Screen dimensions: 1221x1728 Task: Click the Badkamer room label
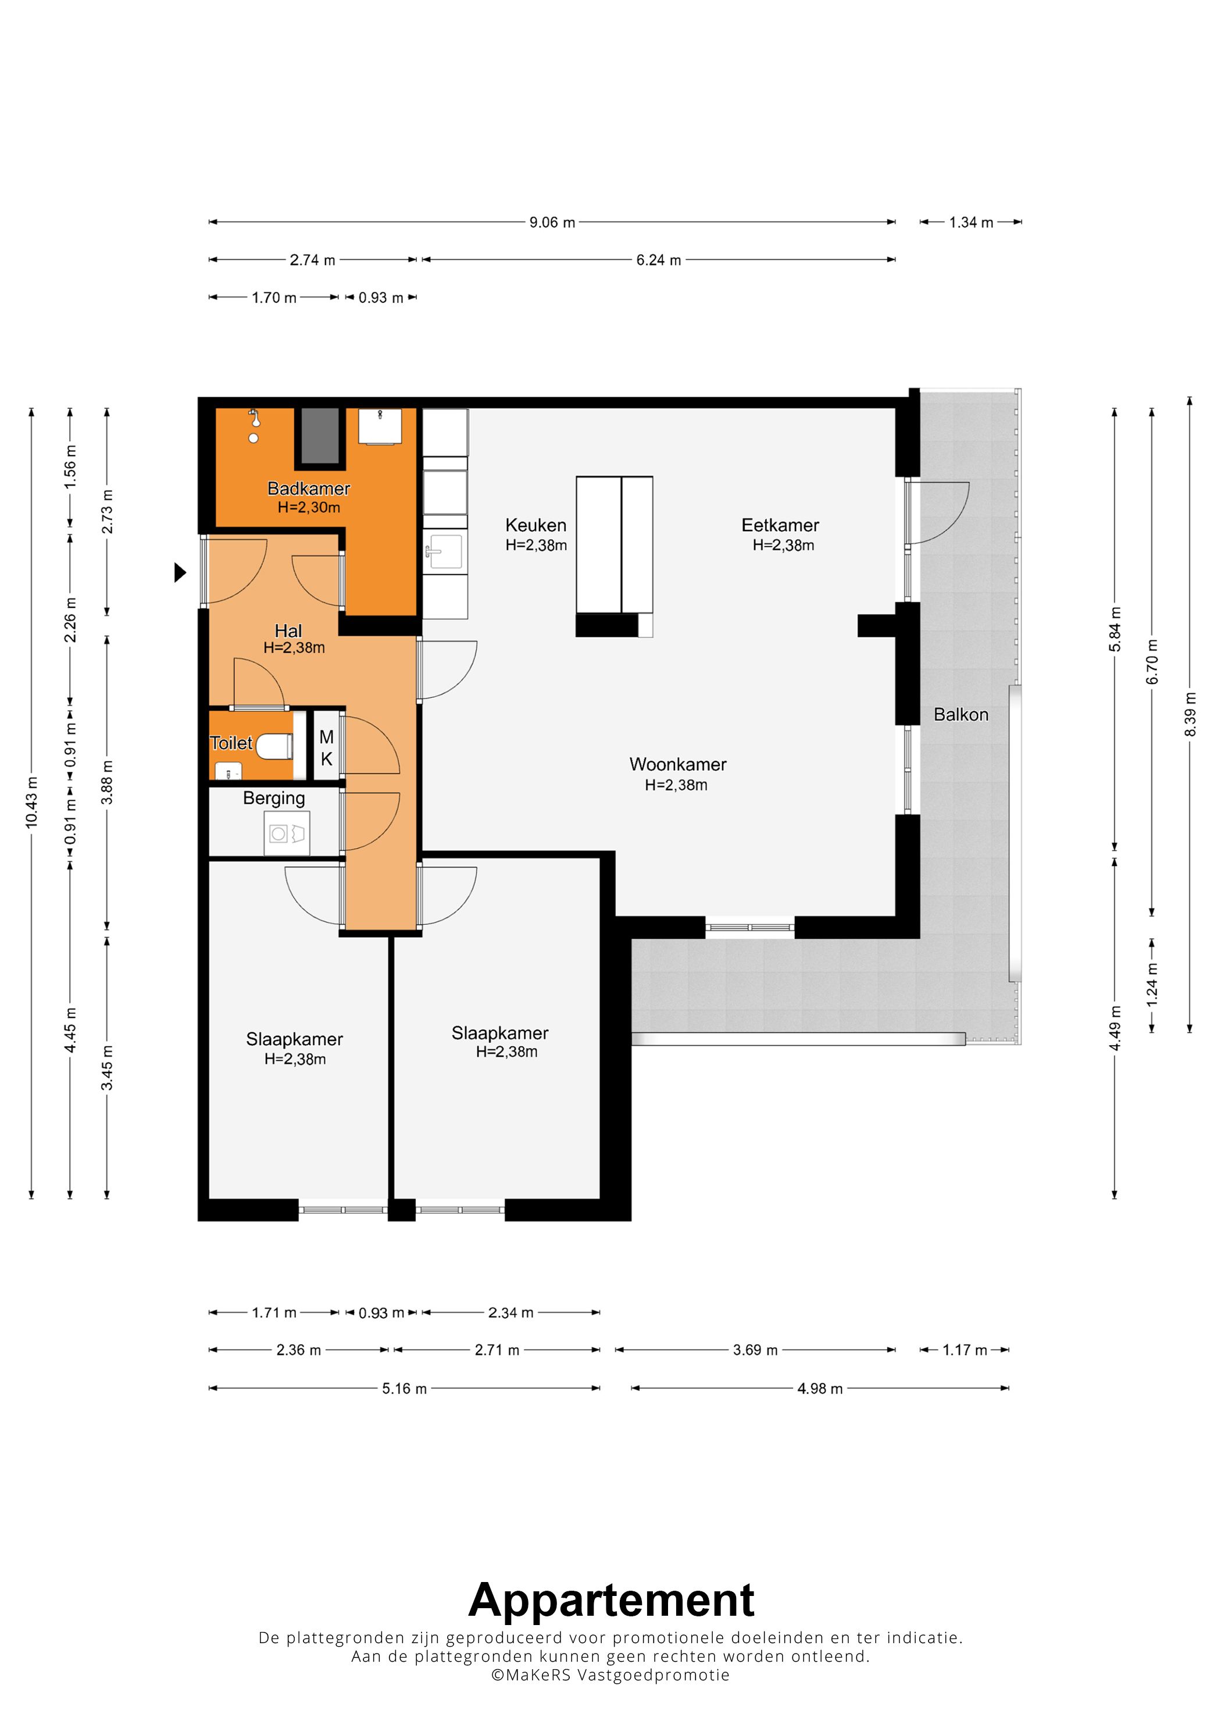[308, 489]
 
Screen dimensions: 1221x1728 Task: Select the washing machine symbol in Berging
[287, 833]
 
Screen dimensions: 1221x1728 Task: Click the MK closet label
[327, 748]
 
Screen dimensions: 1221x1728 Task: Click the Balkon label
[961, 714]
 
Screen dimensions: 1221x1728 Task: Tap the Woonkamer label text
[678, 764]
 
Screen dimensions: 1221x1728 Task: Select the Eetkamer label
[780, 525]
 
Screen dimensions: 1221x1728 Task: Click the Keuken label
[535, 525]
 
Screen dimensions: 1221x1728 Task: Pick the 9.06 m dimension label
[552, 222]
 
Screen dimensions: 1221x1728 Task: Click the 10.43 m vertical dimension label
[31, 802]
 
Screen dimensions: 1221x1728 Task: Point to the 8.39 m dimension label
[1190, 714]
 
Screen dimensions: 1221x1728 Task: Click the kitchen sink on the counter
[445, 551]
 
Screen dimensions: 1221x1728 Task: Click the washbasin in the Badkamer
[380, 426]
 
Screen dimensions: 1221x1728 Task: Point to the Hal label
[288, 630]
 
